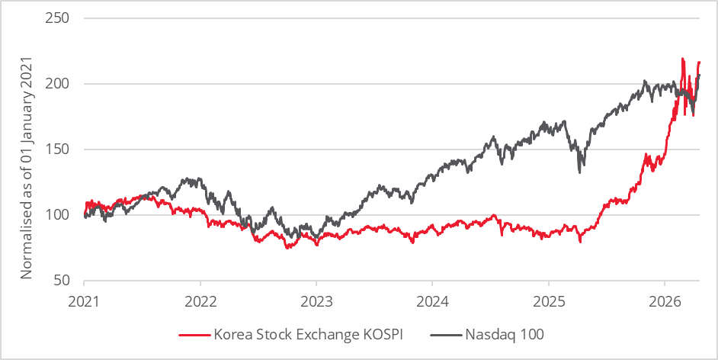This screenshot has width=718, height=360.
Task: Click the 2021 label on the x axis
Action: pyautogui.click(x=84, y=301)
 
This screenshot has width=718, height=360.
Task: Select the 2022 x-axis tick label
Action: pyautogui.click(x=200, y=301)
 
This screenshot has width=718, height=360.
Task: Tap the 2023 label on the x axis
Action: pyautogui.click(x=316, y=301)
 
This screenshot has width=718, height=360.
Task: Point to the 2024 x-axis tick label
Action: pyautogui.click(x=432, y=301)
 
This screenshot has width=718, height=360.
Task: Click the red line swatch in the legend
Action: pyautogui.click(x=194, y=334)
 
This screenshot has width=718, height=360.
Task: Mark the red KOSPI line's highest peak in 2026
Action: pyautogui.click(x=682, y=59)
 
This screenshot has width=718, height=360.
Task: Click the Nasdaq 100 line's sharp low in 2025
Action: pyautogui.click(x=580, y=172)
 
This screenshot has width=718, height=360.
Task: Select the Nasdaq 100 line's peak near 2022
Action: pyautogui.click(x=189, y=178)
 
